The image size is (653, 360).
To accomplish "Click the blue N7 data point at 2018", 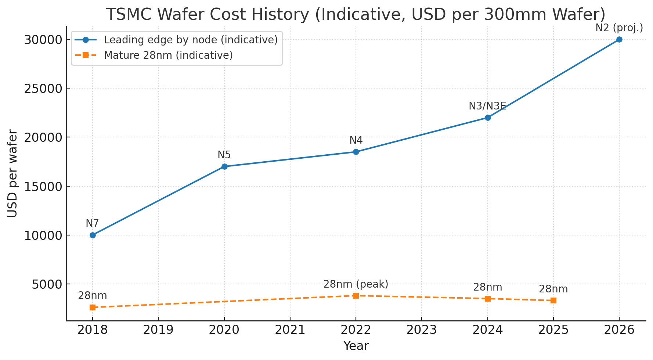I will [x=93, y=235].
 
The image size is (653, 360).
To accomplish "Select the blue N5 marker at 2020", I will [x=224, y=166].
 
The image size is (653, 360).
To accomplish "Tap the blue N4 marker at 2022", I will [x=356, y=152].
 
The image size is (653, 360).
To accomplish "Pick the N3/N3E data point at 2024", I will [x=488, y=118].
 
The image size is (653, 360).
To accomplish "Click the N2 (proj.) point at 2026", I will [x=619, y=39].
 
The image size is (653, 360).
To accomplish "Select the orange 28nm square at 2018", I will [x=93, y=307].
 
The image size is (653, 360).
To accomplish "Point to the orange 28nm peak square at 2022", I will [x=356, y=295].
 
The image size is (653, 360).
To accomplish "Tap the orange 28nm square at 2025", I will [x=553, y=300].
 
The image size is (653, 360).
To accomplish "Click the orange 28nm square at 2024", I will [x=488, y=298].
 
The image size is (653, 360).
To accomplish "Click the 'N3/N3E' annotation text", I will [x=487, y=106].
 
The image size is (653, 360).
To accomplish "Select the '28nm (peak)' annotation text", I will [x=356, y=284].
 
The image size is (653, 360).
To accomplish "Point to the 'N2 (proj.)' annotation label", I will [x=619, y=28].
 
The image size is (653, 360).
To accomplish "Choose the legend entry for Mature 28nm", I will [x=168, y=55].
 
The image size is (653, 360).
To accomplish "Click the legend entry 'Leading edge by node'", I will [x=191, y=40].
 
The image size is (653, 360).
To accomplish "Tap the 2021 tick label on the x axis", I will [x=290, y=330].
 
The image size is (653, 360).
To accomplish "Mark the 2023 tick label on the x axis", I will [x=422, y=330].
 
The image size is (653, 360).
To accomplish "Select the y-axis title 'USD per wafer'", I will [x=12, y=173].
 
